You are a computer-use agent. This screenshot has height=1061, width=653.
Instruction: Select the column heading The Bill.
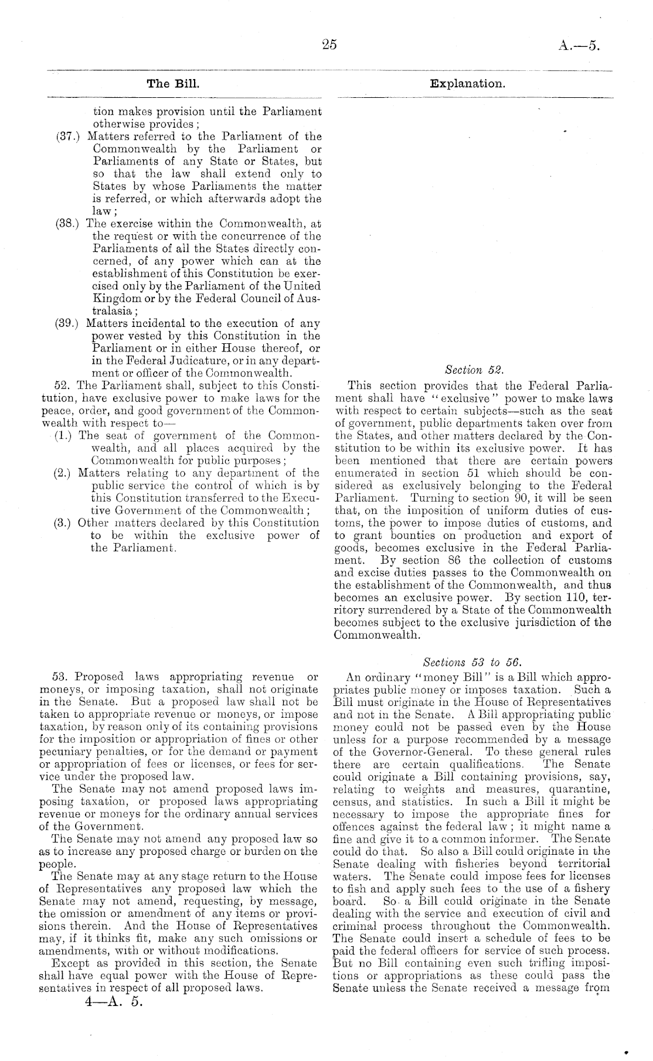[x=174, y=84]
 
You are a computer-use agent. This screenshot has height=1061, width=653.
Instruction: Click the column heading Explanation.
[x=467, y=84]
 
